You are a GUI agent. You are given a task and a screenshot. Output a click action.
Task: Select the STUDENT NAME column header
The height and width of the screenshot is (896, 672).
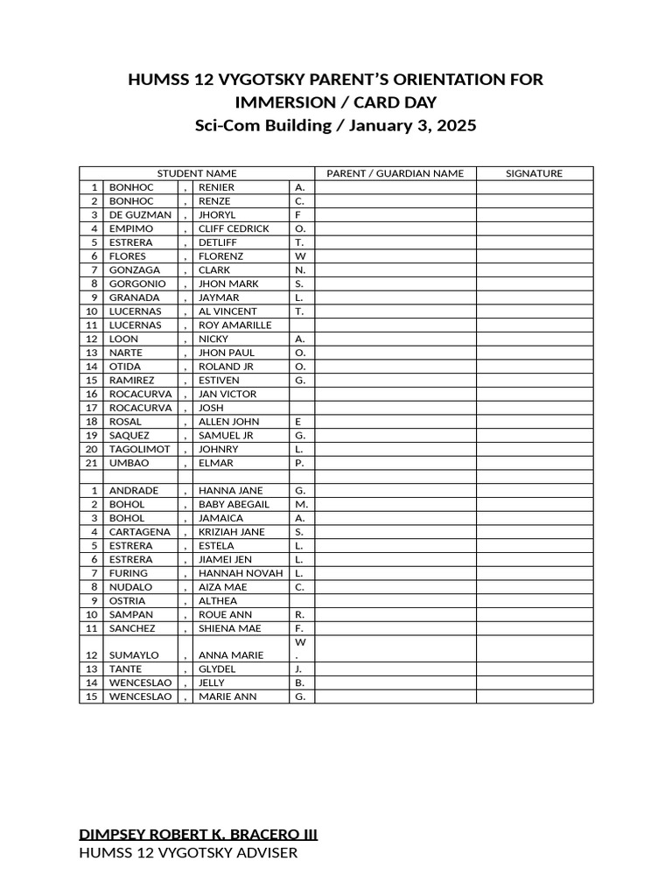point(196,173)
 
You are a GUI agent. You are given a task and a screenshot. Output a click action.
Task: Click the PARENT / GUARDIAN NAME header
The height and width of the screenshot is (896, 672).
point(395,173)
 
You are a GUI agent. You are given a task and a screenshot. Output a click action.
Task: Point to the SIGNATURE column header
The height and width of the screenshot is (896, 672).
point(534,173)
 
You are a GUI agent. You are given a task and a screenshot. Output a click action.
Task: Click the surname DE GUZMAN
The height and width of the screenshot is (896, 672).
point(140,214)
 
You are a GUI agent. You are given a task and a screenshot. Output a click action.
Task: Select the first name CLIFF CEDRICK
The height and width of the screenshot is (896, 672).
point(234,228)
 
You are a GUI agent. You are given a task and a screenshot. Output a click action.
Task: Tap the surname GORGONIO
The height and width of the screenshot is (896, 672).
point(137,283)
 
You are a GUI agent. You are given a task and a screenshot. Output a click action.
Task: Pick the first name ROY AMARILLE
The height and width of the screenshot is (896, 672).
point(234,325)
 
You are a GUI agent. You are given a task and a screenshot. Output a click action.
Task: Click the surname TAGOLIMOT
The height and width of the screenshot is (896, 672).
point(139,449)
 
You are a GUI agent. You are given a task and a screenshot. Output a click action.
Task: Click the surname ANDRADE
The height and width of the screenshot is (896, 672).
point(133,491)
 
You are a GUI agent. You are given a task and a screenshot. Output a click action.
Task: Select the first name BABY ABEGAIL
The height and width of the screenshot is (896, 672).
point(234,504)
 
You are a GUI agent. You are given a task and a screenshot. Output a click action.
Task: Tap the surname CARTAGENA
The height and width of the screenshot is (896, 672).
point(140,532)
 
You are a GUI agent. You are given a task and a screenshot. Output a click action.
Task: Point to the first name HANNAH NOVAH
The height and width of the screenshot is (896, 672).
point(241,573)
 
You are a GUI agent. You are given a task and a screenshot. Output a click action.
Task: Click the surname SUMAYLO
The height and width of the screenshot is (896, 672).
point(133,655)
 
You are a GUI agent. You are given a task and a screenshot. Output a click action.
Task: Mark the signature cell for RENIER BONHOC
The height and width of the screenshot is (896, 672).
point(534,187)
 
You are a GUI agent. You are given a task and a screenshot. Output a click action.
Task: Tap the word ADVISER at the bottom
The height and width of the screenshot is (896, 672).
point(266,852)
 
